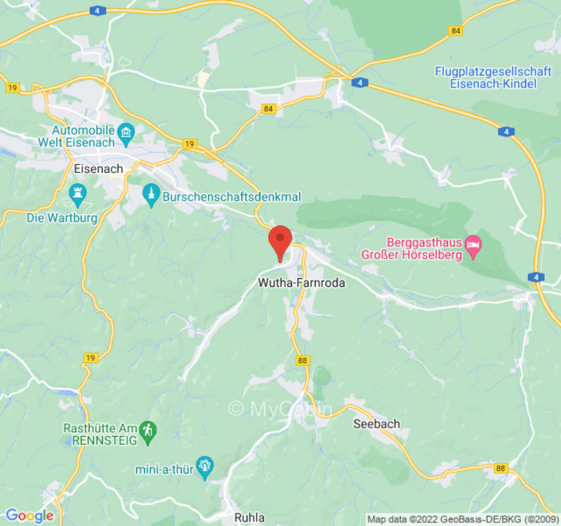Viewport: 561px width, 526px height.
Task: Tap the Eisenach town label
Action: pyautogui.click(x=98, y=169)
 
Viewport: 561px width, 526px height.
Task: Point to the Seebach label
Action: pyautogui.click(x=376, y=423)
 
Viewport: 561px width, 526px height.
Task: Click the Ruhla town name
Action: pyautogui.click(x=249, y=517)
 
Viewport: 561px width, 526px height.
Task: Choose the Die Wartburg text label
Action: pyautogui.click(x=62, y=217)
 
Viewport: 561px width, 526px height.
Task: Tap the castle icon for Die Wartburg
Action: pyautogui.click(x=78, y=194)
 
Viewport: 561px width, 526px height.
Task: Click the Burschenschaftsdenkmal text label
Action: pyautogui.click(x=231, y=196)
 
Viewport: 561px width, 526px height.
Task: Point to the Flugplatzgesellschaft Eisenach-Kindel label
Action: pyautogui.click(x=485, y=77)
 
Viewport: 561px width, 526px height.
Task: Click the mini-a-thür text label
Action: pyautogui.click(x=164, y=469)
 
